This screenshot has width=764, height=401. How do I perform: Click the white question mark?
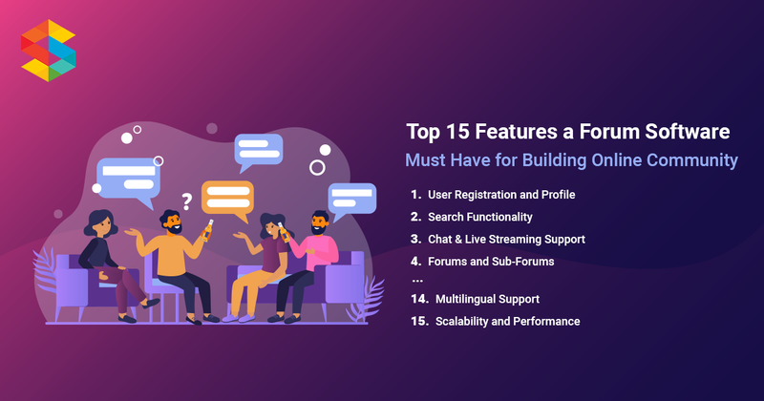[x=187, y=201]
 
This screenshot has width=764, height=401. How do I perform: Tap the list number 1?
[x=415, y=195]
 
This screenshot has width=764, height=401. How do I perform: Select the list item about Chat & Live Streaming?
[x=506, y=239]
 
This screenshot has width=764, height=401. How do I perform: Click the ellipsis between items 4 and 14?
[x=416, y=279]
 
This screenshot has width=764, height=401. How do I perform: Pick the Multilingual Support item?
[x=487, y=299]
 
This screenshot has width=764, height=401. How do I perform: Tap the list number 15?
[x=418, y=322]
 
